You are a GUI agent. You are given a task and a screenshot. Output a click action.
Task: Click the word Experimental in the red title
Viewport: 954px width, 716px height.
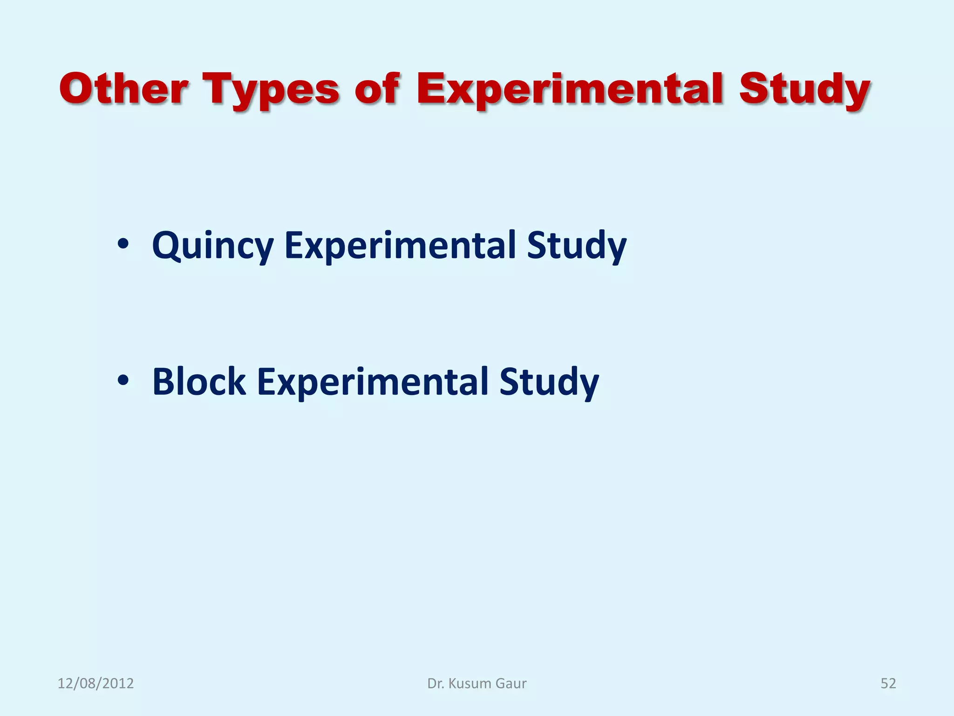(x=569, y=89)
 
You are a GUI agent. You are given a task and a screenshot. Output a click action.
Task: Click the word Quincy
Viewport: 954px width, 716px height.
(x=213, y=246)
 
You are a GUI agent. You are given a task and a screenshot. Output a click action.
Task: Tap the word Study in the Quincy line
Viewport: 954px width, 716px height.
(x=577, y=246)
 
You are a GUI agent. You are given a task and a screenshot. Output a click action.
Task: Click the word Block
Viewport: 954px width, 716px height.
(x=199, y=382)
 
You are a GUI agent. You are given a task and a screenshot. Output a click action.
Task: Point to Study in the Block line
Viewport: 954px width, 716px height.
(x=549, y=382)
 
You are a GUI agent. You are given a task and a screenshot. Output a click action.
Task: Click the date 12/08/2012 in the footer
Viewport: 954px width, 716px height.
(x=95, y=683)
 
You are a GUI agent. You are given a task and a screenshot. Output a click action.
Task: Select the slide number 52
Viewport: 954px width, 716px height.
(x=888, y=683)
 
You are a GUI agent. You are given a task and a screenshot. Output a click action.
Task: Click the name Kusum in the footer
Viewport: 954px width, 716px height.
(x=470, y=683)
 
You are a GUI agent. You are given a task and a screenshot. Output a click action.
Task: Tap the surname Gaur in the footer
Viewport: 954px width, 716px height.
(x=511, y=683)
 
